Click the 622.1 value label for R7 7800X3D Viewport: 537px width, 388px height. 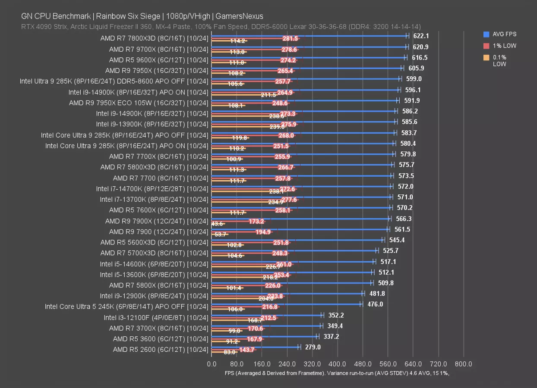pos(421,36)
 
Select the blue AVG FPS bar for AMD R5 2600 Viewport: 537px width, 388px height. pos(255,347)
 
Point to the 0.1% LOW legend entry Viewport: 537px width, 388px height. pos(500,60)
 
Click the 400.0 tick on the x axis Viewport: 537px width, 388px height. pos(338,364)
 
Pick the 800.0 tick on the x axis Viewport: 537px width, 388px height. pos(464,364)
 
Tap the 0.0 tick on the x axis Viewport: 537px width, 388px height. pos(212,364)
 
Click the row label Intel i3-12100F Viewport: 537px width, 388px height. pos(156,318)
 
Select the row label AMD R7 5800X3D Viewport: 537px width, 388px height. pos(154,167)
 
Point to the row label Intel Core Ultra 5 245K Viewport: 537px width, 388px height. pos(126,307)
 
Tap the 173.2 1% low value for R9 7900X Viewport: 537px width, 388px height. pos(256,221)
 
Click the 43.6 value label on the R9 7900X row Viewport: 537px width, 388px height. pos(217,224)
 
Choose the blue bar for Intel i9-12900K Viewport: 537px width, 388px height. pos(287,293)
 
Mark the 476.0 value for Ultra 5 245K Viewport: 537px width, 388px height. pos(375,304)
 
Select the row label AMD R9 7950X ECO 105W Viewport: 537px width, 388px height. pos(139,103)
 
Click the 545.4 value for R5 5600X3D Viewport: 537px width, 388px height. pos(396,240)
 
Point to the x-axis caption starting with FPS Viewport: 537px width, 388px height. pos(337,373)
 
